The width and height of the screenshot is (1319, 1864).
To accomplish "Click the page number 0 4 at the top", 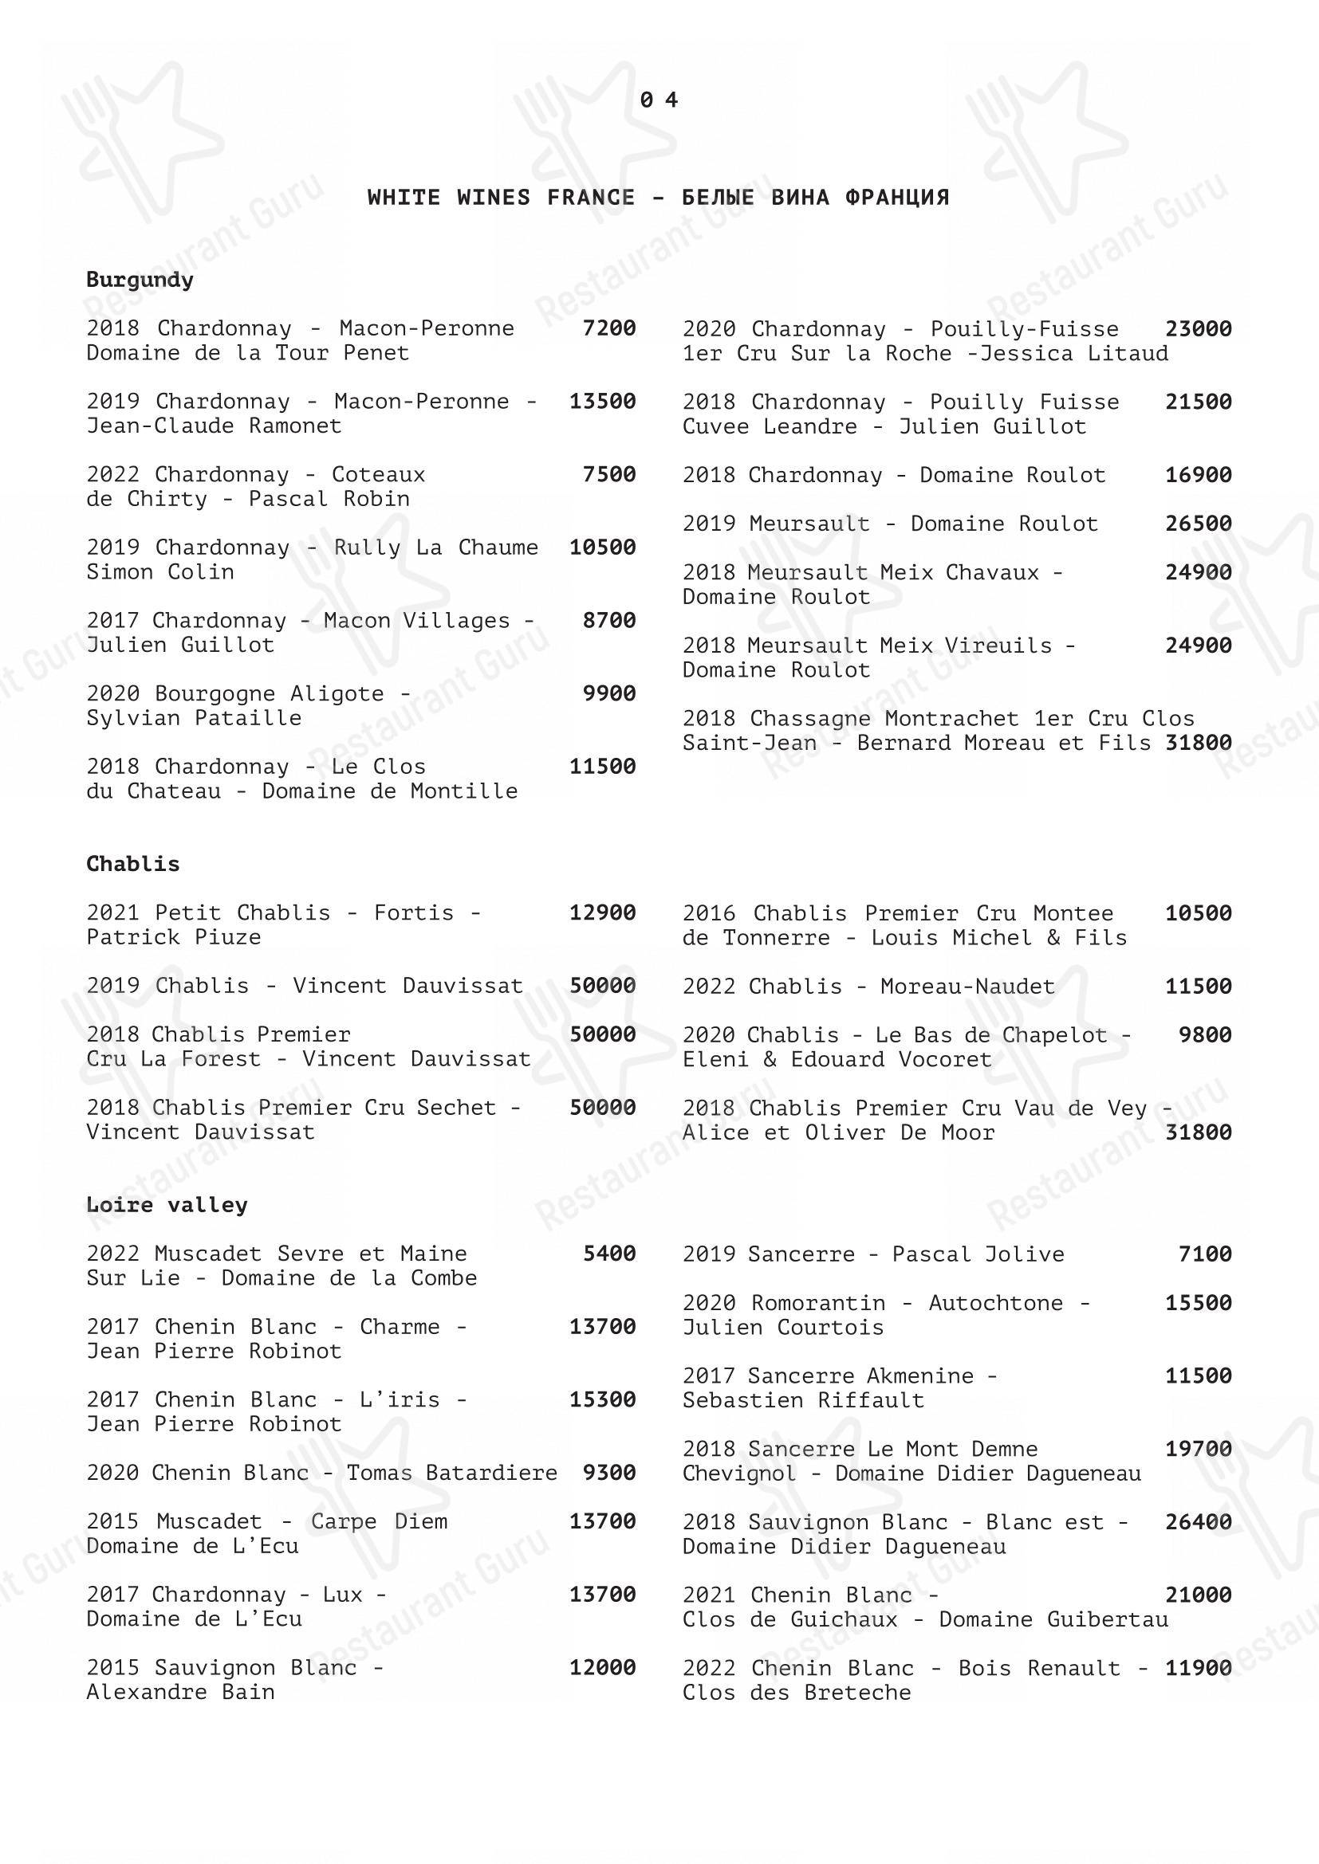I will [659, 100].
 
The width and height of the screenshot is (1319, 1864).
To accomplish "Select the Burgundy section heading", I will [140, 280].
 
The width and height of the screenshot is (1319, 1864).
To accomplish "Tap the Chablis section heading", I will [132, 864].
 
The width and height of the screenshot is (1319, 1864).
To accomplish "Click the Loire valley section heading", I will [167, 1205].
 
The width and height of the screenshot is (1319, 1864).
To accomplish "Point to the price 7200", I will [609, 328].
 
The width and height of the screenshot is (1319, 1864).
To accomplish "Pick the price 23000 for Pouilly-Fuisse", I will [1198, 329].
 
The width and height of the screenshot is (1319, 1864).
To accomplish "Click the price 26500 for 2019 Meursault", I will [1198, 524].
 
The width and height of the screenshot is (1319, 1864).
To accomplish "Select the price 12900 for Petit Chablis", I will [603, 912].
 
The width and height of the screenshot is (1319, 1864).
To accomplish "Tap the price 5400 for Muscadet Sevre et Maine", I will [609, 1254].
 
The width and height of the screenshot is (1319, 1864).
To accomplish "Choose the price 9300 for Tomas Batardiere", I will [609, 1473].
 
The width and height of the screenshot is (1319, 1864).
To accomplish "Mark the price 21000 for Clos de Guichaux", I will [1198, 1595].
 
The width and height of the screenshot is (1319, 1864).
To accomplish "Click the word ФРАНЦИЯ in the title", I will [896, 198].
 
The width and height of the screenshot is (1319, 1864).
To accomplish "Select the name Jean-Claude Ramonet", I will [215, 426].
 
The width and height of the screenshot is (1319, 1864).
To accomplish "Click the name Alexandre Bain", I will [180, 1692].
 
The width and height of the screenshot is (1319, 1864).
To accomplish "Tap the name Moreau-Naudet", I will [967, 987].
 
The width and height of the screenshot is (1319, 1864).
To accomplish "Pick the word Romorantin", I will [818, 1303].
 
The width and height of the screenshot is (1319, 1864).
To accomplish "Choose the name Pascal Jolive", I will [978, 1254].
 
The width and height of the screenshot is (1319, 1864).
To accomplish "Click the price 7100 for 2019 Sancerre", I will [1204, 1254].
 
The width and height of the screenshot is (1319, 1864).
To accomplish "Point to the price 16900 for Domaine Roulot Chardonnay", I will [1198, 475].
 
